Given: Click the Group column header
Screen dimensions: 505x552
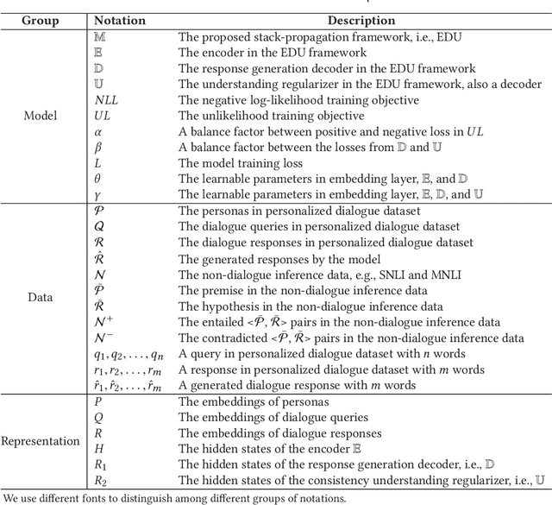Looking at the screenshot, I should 41,19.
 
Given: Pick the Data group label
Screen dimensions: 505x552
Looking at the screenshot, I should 41,298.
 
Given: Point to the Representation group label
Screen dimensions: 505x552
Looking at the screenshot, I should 41,440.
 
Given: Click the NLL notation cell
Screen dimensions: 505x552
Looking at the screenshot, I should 106,100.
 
